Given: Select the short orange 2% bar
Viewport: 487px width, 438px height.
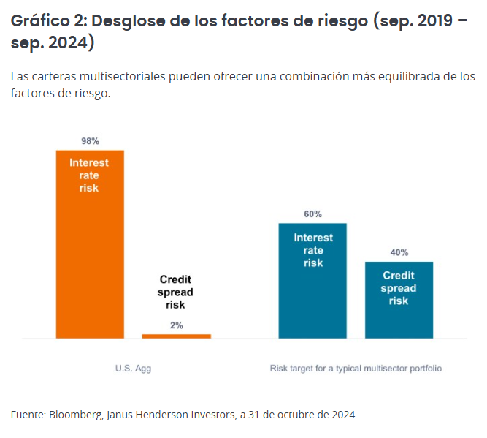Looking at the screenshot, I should (x=176, y=336).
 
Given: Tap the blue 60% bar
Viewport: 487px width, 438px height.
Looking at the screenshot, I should (x=312, y=292).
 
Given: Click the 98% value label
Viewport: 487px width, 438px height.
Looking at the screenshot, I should (x=90, y=140).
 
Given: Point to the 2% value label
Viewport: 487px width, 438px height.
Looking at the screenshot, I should (x=176, y=325).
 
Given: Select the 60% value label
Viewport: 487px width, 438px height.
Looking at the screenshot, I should (x=312, y=214).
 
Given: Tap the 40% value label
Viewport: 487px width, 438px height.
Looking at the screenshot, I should (x=399, y=252).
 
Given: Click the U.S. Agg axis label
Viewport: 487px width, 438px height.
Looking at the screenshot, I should (x=133, y=369).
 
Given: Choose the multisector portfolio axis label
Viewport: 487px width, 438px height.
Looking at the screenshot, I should (x=356, y=369).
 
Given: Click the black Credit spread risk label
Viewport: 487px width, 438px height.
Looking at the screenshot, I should (x=175, y=292).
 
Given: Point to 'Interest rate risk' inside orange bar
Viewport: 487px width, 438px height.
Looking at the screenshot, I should (x=89, y=175).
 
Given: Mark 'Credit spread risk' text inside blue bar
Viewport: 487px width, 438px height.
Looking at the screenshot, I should (x=399, y=288).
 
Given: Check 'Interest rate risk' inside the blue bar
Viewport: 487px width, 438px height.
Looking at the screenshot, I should (x=313, y=250).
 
